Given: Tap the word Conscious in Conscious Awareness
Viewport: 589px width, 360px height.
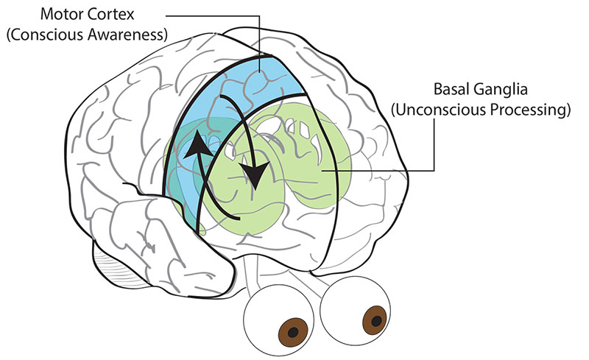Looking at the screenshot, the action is (46, 34).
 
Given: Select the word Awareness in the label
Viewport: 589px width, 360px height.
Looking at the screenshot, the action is (127, 34).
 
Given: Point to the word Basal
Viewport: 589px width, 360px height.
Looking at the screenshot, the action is (451, 89).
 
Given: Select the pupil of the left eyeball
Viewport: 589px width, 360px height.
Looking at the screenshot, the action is (293, 332).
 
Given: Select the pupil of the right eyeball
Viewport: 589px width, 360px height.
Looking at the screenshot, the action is (376, 321).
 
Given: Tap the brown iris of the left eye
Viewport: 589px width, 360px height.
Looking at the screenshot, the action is (293, 332).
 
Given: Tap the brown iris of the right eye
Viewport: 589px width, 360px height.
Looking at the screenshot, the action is (375, 320).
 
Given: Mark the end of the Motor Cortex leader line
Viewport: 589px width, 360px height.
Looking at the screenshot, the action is (260, 71).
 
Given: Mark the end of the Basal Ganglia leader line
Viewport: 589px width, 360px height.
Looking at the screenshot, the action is (322, 171).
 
